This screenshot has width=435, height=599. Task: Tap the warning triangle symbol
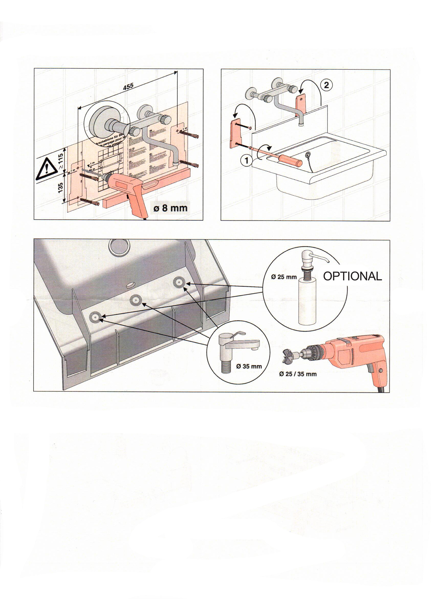tap(46, 168)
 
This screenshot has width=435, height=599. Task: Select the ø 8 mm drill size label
tap(170, 208)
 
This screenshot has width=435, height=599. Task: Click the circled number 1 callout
tap(247, 161)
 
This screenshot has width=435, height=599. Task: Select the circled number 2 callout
tap(326, 85)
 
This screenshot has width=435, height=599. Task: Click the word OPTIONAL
tap(352, 276)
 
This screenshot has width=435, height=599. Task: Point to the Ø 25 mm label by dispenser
tap(284, 277)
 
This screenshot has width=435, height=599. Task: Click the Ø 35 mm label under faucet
tap(249, 366)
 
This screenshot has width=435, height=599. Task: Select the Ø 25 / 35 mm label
tap(298, 374)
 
